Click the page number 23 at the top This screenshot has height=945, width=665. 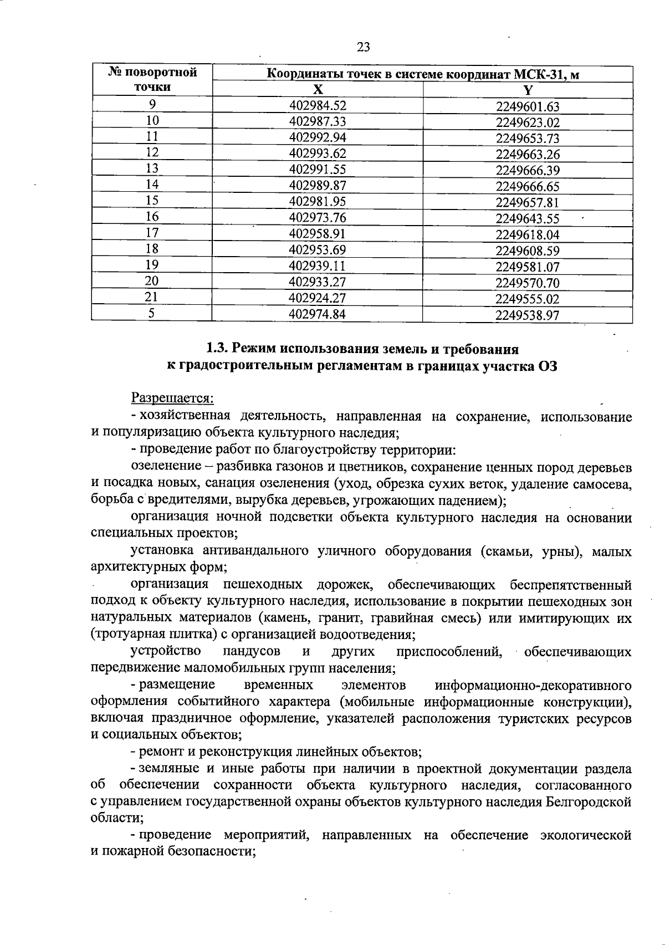[364, 47]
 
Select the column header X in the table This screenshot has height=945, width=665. [318, 90]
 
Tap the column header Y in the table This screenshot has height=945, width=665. [528, 90]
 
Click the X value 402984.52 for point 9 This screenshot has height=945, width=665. [318, 105]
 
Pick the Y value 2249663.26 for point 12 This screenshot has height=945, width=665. [528, 154]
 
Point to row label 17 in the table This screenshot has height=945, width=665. [152, 233]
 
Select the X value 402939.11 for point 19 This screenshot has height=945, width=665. [318, 265]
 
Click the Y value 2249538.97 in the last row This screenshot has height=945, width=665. [528, 315]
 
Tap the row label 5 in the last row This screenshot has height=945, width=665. [152, 313]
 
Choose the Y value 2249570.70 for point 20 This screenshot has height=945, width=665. [528, 283]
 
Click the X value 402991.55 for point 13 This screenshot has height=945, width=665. [318, 169]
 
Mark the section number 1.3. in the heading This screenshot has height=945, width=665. [217, 349]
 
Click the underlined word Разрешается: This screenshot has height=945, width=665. [172, 398]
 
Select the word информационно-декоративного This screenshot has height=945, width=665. [533, 685]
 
